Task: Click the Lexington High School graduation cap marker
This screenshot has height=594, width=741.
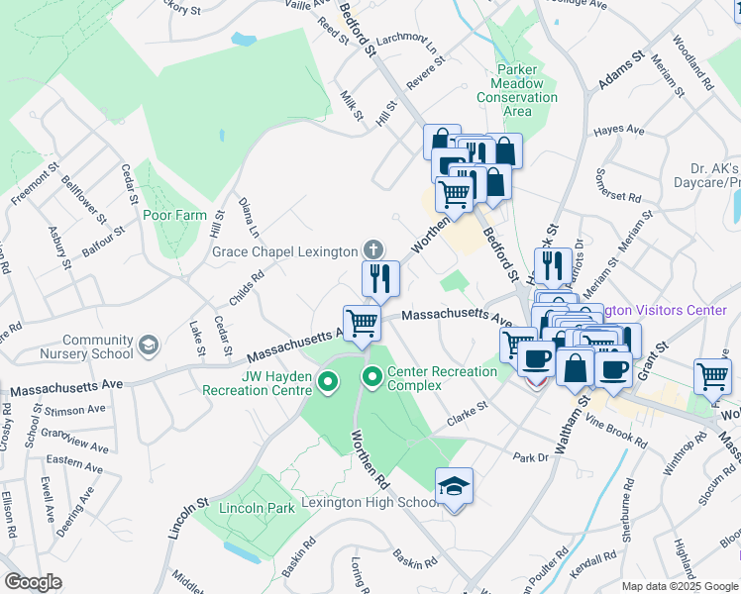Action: [x=454, y=486]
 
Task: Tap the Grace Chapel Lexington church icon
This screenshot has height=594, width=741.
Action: [x=372, y=249]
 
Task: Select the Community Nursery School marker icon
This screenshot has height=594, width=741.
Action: [x=149, y=345]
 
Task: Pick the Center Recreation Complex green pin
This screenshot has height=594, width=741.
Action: [x=372, y=376]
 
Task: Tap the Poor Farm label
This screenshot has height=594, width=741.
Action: [x=174, y=215]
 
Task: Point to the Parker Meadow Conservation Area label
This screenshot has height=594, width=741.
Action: [x=524, y=91]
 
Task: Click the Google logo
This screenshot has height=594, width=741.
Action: [x=33, y=582]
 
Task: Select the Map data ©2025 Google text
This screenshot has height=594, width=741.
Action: [x=680, y=586]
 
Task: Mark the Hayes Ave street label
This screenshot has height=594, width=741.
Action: [x=618, y=131]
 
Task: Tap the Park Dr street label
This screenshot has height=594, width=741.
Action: [x=530, y=457]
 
